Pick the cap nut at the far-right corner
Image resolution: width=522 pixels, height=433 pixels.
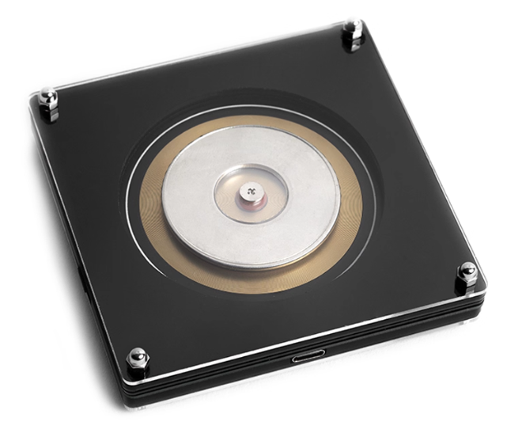click(467, 272)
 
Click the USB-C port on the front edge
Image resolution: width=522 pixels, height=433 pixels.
click(307, 358)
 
